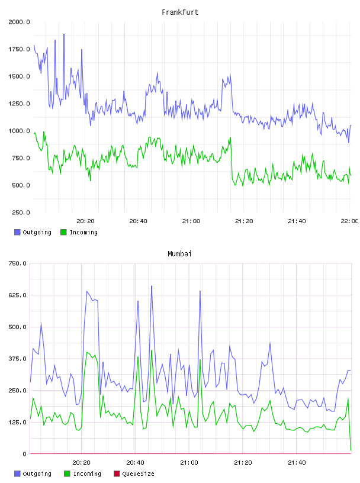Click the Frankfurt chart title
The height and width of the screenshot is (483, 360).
tap(180, 12)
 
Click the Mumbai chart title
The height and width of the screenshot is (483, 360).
tap(179, 254)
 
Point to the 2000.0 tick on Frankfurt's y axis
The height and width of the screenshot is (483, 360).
tap(19, 22)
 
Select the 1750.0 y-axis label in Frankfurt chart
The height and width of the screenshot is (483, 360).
tap(19, 49)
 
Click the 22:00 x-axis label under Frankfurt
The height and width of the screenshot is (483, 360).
tap(349, 221)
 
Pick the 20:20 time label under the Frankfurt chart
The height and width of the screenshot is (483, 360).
tap(85, 221)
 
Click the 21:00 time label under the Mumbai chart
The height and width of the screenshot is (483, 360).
tap(189, 463)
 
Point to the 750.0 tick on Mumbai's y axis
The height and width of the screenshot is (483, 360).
tap(18, 263)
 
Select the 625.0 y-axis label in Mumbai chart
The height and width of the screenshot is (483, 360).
tap(18, 295)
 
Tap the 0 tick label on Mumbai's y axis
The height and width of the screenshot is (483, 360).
tap(25, 454)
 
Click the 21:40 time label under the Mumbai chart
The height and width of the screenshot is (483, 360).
tap(297, 463)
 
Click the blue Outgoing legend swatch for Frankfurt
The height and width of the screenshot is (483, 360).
tap(17, 232)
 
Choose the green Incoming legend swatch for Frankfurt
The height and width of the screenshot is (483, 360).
tap(63, 232)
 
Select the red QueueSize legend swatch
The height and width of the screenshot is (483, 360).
tap(117, 474)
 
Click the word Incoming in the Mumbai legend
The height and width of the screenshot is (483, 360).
tap(87, 474)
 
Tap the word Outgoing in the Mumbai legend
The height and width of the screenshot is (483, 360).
tap(37, 474)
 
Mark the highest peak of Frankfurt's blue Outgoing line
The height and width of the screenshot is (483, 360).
tap(64, 34)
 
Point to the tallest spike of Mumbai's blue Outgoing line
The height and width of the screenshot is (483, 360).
tap(152, 286)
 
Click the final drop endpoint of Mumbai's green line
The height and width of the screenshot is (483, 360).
tap(351, 450)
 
